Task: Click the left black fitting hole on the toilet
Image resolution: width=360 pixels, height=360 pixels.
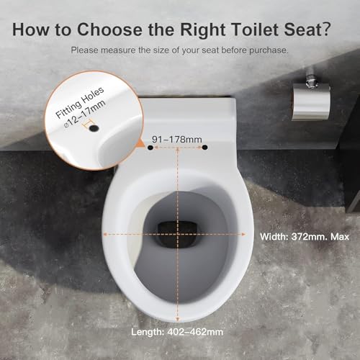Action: [150, 148]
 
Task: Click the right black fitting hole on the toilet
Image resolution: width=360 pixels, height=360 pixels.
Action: [204, 148]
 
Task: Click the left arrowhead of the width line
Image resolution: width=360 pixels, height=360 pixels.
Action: [107, 233]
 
